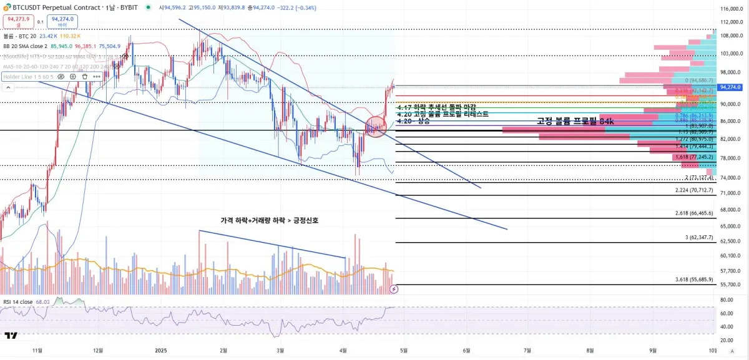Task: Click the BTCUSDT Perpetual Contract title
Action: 56,7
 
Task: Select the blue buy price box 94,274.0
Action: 62,22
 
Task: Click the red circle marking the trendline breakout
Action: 376,127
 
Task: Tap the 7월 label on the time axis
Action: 528,351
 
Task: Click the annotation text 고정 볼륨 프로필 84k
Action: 575,122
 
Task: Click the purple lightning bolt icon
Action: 394,289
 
